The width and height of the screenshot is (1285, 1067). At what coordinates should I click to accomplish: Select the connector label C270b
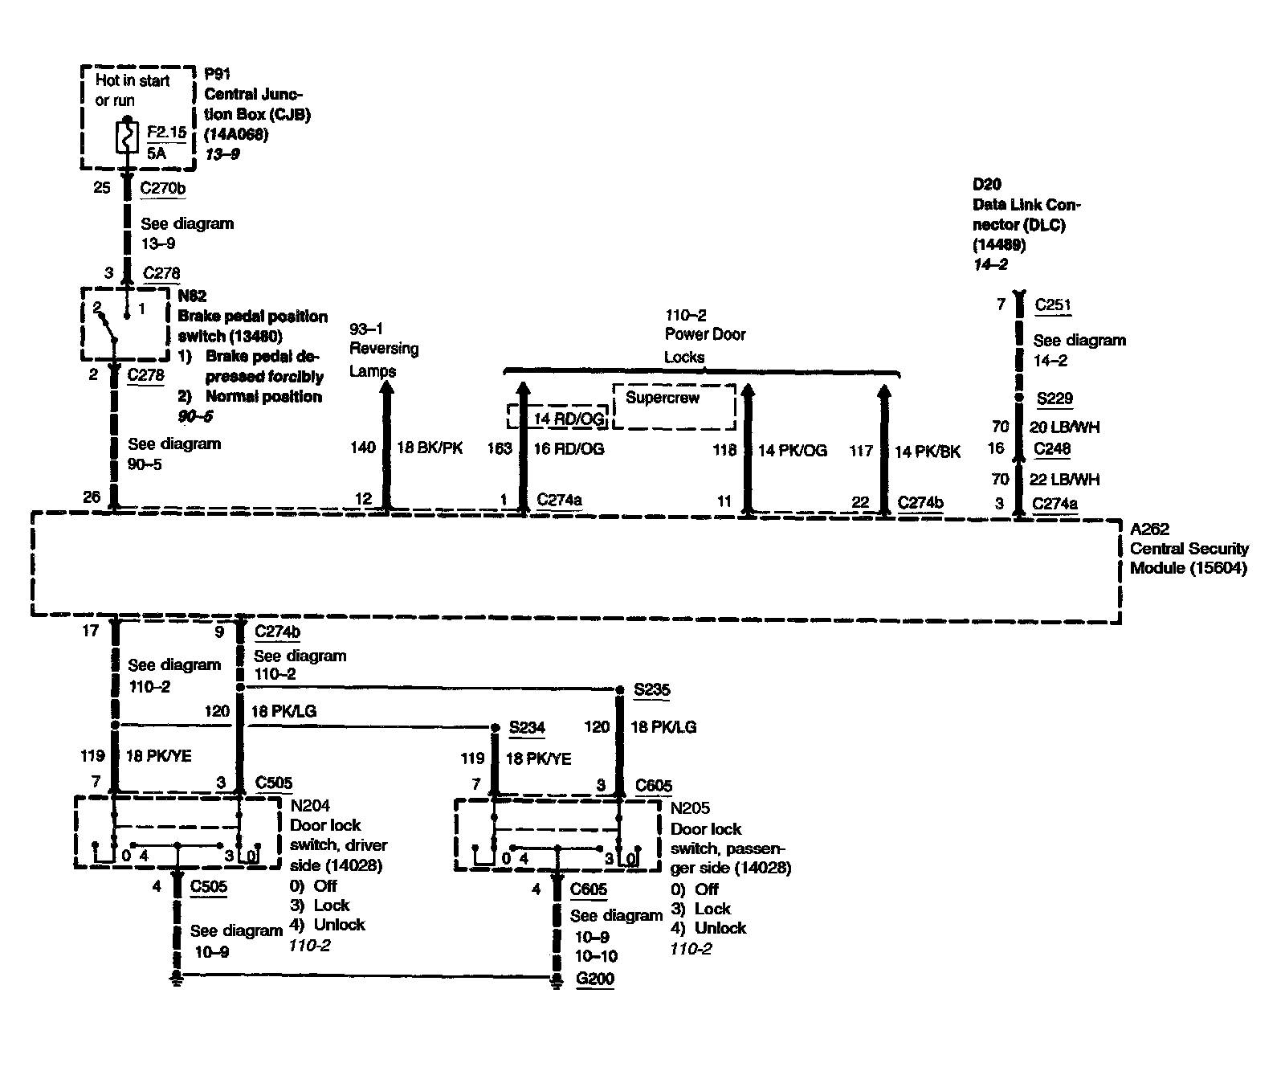163,188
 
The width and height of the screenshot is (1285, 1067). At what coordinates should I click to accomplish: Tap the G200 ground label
594,979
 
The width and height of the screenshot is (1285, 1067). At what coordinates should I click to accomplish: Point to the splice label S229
1054,399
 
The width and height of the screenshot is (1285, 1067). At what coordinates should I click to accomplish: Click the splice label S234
527,727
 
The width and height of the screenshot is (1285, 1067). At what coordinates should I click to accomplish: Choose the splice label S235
651,689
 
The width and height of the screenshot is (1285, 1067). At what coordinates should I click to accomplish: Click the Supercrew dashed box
674,407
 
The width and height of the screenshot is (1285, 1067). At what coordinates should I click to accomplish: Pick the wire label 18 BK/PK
430,448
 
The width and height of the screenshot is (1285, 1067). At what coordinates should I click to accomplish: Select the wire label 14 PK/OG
792,451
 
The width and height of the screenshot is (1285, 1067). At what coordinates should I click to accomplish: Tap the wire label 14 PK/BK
927,452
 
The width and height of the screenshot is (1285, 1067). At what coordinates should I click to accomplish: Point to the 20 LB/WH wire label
1064,427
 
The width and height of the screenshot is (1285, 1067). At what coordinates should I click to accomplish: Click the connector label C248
1052,448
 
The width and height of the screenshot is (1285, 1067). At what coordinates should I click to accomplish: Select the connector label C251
1053,305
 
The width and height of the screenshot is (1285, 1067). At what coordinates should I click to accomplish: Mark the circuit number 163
500,448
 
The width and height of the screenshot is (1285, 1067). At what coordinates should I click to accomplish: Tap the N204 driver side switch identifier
309,805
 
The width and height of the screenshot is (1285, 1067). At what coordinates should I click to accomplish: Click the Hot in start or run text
132,90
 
